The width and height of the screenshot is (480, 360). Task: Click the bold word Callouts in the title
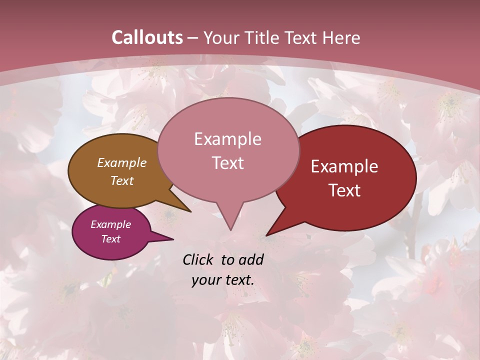(x=147, y=37)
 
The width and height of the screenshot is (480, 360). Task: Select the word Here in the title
(x=341, y=37)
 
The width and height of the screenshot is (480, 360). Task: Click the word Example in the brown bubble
(x=121, y=162)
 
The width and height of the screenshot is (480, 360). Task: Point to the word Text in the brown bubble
(x=121, y=180)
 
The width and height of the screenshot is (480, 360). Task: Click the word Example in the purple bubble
(x=110, y=224)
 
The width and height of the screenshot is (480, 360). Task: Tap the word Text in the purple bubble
(x=110, y=239)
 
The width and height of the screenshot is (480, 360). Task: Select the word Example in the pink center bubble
(x=227, y=139)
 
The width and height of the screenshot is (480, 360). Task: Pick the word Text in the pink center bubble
(x=227, y=163)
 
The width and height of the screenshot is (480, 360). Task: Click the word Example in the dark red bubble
(x=344, y=166)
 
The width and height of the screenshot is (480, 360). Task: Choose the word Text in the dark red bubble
(x=344, y=190)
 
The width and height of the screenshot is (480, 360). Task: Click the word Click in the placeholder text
(x=198, y=259)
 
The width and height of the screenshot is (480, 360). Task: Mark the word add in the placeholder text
(x=251, y=259)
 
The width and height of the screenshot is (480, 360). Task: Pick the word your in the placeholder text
(x=204, y=280)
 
